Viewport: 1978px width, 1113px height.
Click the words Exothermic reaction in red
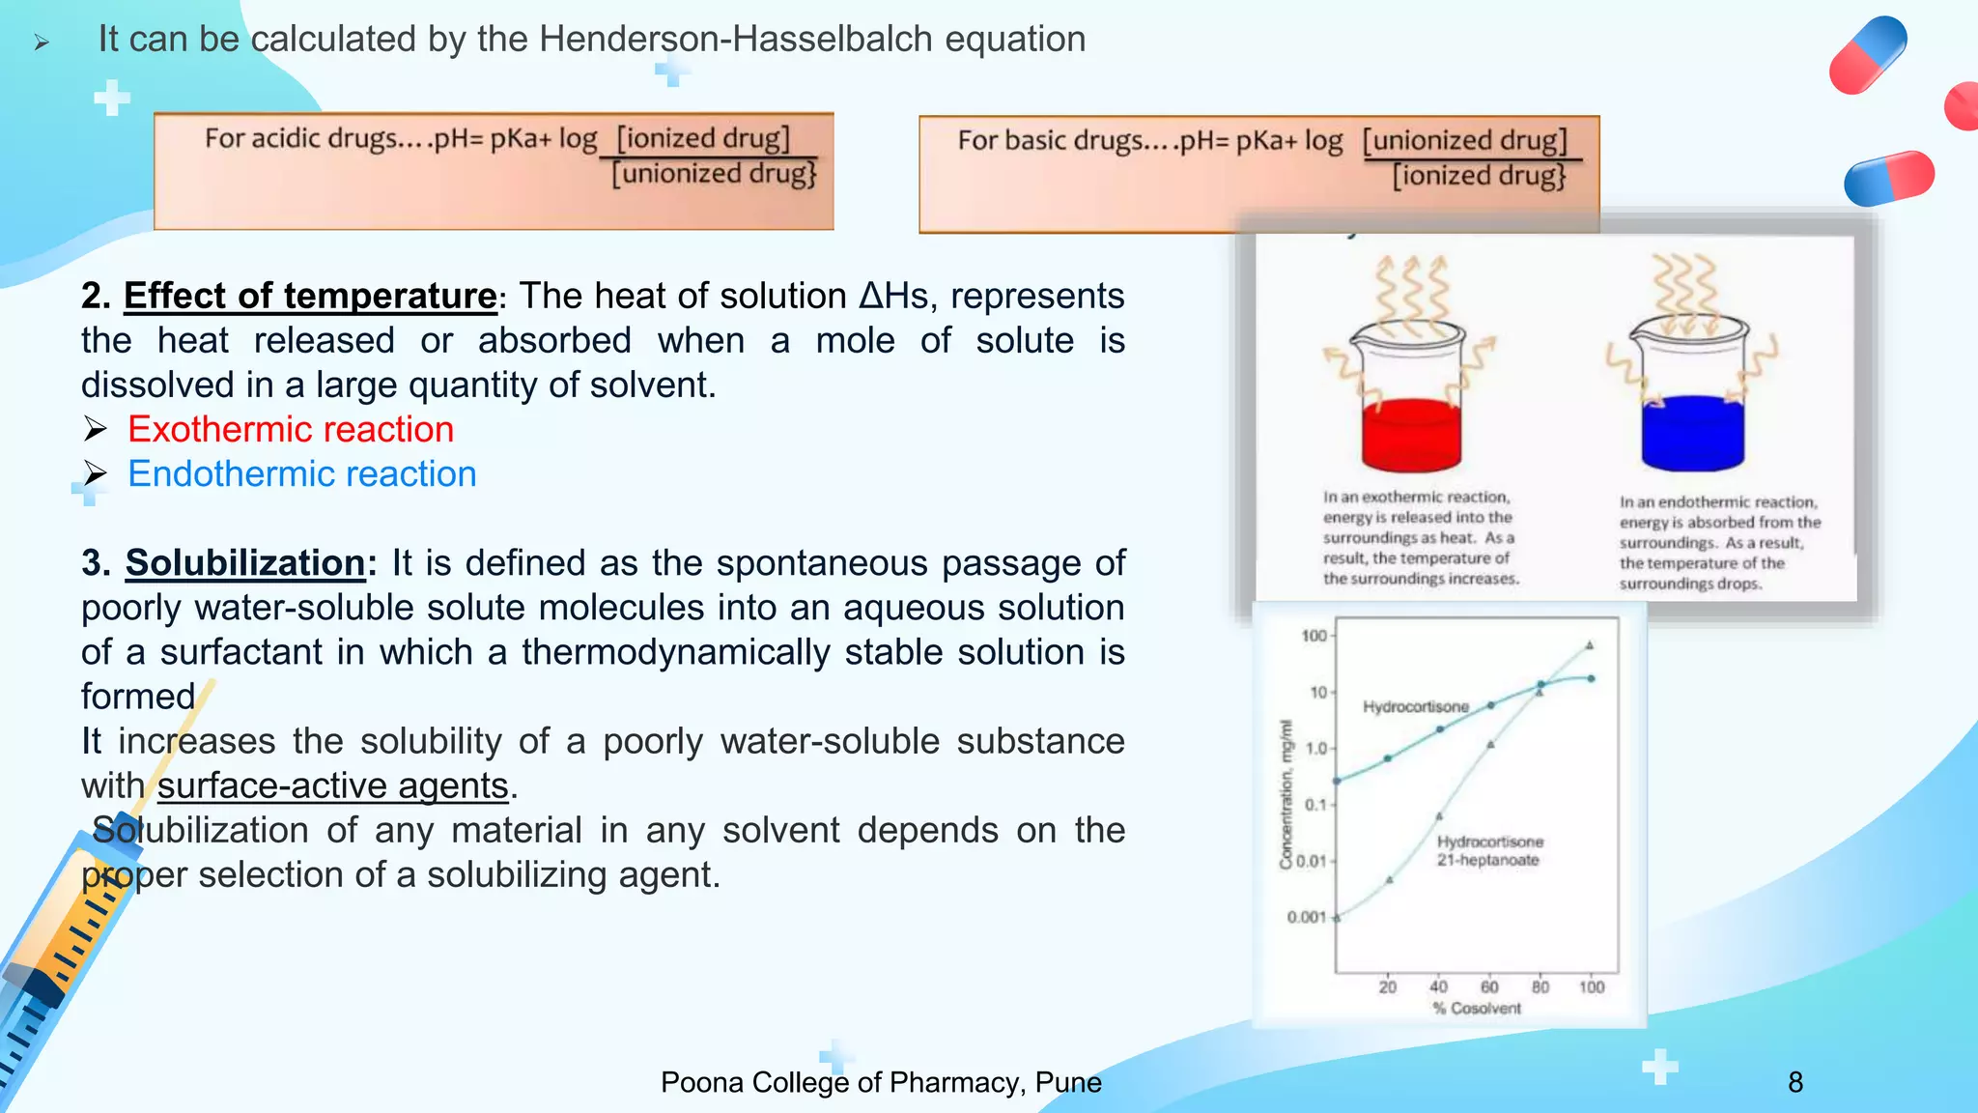pos(291,429)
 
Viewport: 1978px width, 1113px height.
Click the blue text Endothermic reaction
pos(302,474)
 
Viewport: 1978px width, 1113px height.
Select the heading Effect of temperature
pos(310,296)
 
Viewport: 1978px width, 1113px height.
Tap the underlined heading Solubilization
pos(245,562)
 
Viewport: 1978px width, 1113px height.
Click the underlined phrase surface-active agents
pos(333,785)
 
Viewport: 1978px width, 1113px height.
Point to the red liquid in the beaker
pos(1410,437)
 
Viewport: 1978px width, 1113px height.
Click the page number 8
pos(1794,1082)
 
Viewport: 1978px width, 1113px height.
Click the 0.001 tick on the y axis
pos(1306,917)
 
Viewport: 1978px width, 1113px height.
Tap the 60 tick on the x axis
pos(1489,986)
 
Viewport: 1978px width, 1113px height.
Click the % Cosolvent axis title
pos(1477,1009)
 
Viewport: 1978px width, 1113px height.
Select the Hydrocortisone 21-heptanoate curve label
pos(1489,851)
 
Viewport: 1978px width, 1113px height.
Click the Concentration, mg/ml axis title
pos(1286,794)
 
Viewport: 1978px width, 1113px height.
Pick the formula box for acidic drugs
pos(494,172)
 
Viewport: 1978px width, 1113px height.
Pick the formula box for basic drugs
pos(1258,175)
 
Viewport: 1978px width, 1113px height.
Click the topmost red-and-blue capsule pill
pos(1868,55)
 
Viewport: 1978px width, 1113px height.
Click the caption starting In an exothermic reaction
pos(1420,538)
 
